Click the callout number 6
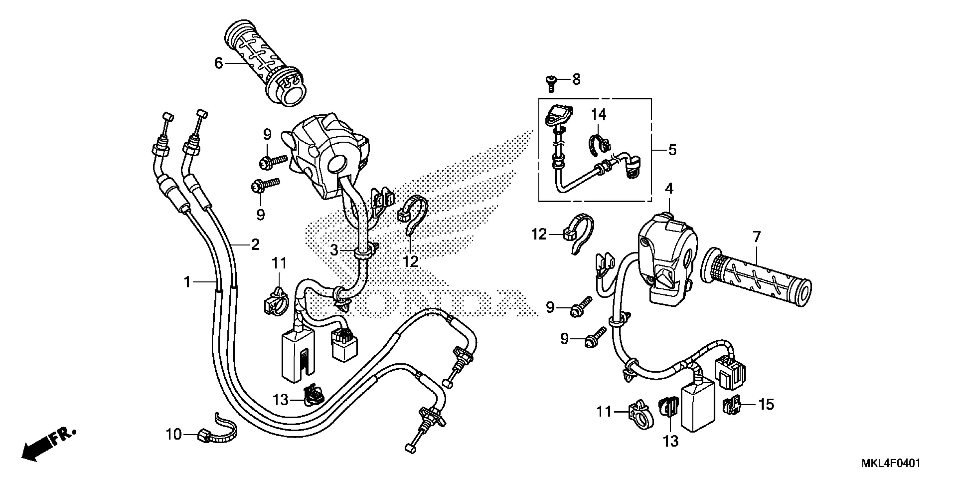click(219, 64)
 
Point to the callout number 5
click(672, 150)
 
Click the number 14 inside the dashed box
click(598, 115)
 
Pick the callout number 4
click(669, 189)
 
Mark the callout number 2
click(255, 245)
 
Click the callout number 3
click(334, 250)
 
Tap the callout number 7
click(757, 236)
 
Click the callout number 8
click(576, 79)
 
